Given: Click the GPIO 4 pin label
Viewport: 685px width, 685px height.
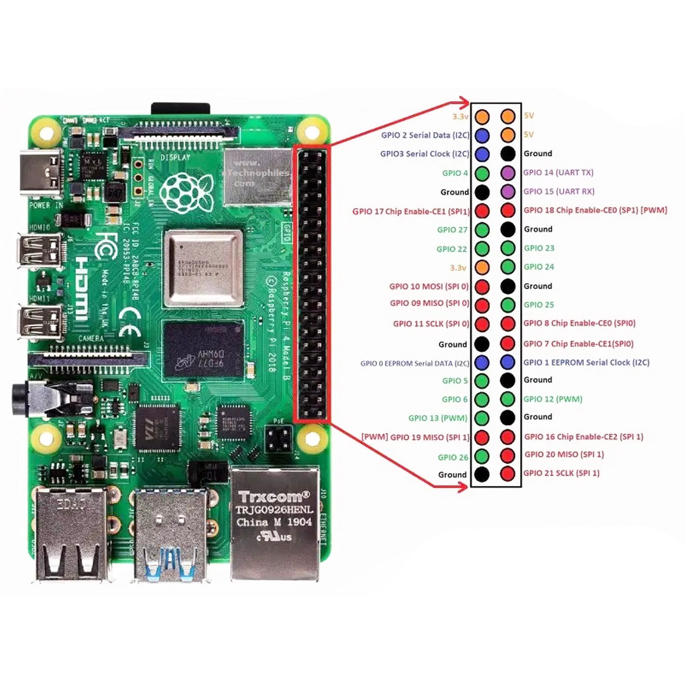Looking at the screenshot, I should (455, 173).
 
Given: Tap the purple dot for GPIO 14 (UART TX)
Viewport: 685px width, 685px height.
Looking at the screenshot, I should (508, 173).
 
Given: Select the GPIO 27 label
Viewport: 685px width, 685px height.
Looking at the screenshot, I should (452, 230).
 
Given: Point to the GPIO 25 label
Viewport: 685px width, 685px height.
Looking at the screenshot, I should (538, 304).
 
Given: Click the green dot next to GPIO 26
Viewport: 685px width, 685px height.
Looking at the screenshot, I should (482, 456).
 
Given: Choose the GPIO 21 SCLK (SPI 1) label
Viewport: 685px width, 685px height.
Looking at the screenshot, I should (561, 473).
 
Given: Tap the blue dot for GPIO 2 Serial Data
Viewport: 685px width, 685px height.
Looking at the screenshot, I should (482, 135).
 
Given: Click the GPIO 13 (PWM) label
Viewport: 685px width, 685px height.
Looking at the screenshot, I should (437, 418).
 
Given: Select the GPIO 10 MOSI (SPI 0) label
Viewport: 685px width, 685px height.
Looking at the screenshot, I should (429, 286).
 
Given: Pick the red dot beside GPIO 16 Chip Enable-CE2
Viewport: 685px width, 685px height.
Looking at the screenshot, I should (508, 437).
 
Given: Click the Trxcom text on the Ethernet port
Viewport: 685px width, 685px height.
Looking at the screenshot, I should (273, 496).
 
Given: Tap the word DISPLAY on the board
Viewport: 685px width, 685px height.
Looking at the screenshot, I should (175, 158).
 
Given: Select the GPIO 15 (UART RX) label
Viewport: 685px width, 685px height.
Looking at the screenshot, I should (559, 191).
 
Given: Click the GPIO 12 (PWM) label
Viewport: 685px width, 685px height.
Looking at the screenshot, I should (553, 399).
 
